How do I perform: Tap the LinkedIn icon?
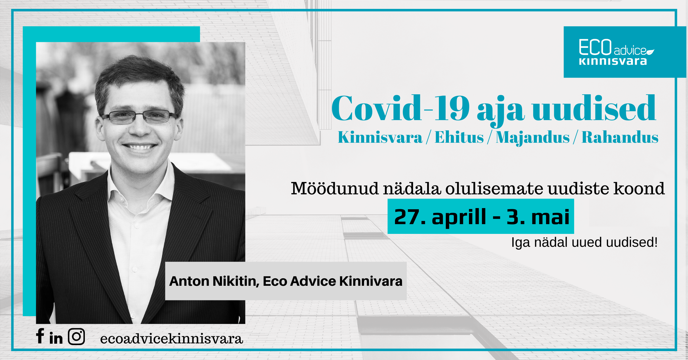[x=56, y=337]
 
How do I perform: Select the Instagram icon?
[x=76, y=336]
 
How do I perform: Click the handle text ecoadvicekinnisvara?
[x=171, y=339]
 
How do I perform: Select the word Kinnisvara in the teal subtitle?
[x=380, y=137]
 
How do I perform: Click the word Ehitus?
[x=459, y=137]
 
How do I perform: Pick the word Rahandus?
[x=620, y=137]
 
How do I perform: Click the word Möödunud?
[x=335, y=188]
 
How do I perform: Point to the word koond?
[x=639, y=188]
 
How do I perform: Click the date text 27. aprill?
[x=440, y=217]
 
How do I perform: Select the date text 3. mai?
[x=538, y=217]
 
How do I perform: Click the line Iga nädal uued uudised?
[x=585, y=242]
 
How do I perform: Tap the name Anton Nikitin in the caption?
[x=214, y=281]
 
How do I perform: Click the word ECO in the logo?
[x=595, y=47]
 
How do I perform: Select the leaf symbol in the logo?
[x=650, y=52]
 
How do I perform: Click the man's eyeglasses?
[x=140, y=117]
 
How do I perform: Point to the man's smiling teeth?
[x=140, y=147]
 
